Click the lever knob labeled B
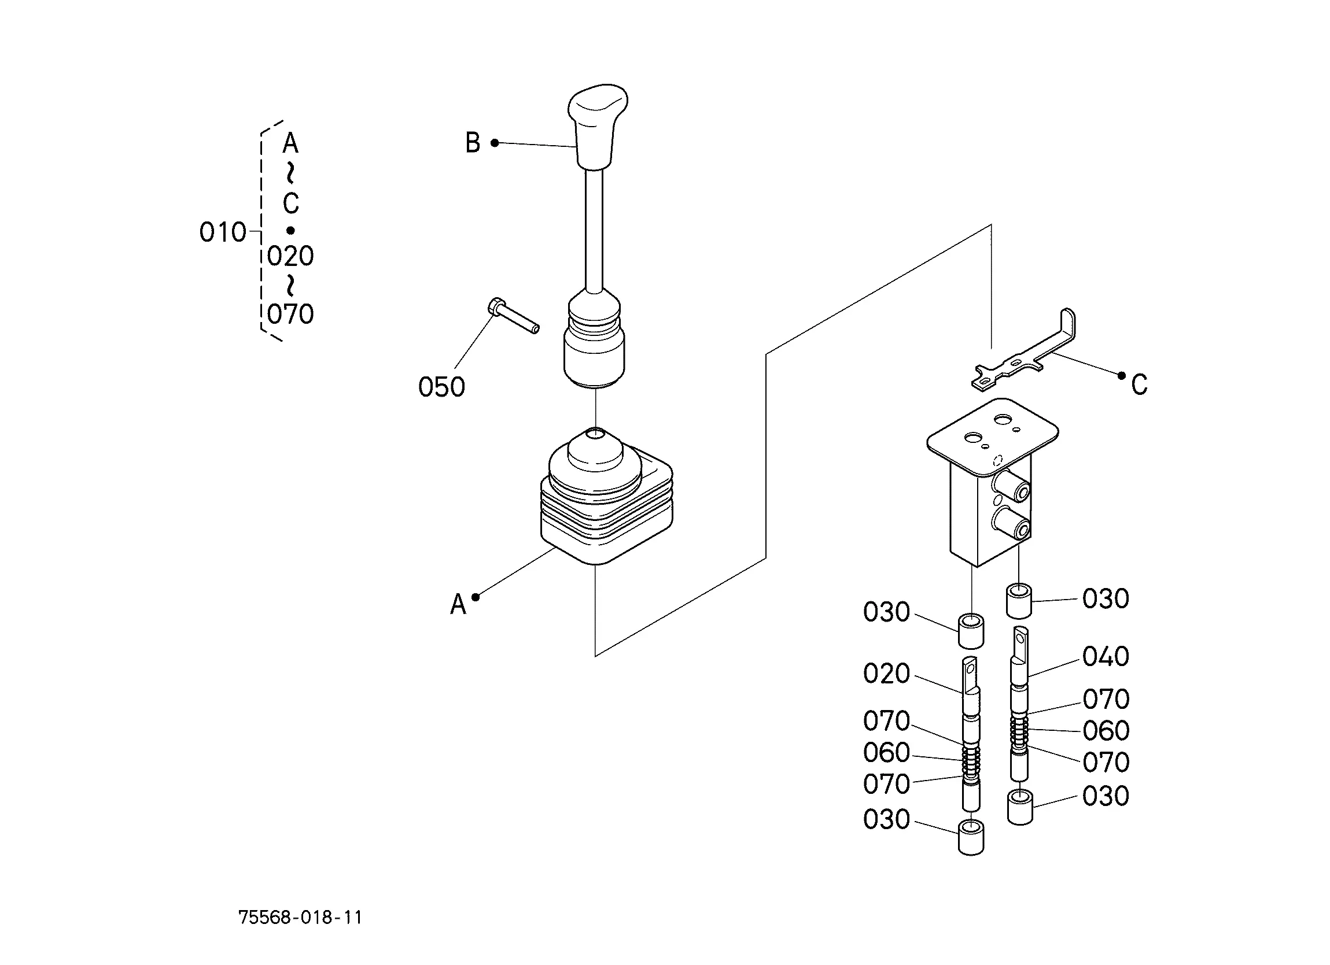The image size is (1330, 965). tap(597, 126)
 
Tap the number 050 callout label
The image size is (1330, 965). tap(441, 387)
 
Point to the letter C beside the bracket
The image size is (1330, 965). tap(1140, 385)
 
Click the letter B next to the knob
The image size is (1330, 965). tap(473, 143)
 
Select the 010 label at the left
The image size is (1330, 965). tap(223, 233)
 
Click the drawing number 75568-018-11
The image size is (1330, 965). tap(300, 918)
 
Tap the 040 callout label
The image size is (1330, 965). tap(1106, 657)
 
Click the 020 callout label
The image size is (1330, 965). tap(887, 674)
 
